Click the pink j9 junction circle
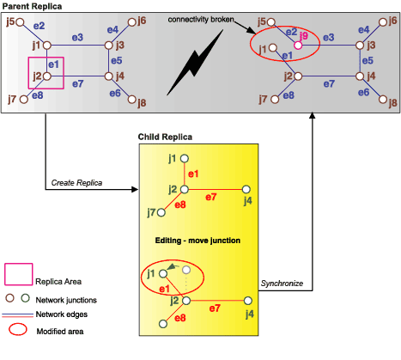pos(298,46)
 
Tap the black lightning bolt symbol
pos(196,63)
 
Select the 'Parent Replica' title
pos(32,6)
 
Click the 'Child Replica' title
pos(165,137)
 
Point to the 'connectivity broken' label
pos(201,20)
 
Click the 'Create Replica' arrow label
pos(76,183)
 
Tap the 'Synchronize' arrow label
pos(282,284)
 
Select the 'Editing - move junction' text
pos(197,241)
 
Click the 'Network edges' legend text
pos(62,314)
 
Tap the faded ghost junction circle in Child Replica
pos(186,270)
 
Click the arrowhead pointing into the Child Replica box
pos(135,189)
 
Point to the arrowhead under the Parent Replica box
pos(313,115)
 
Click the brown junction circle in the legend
pos(9,298)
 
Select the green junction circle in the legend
pos(26,298)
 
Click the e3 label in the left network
pos(77,37)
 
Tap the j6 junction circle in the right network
pos(383,22)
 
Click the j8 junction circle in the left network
pos(131,100)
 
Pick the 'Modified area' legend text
pos(60,332)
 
